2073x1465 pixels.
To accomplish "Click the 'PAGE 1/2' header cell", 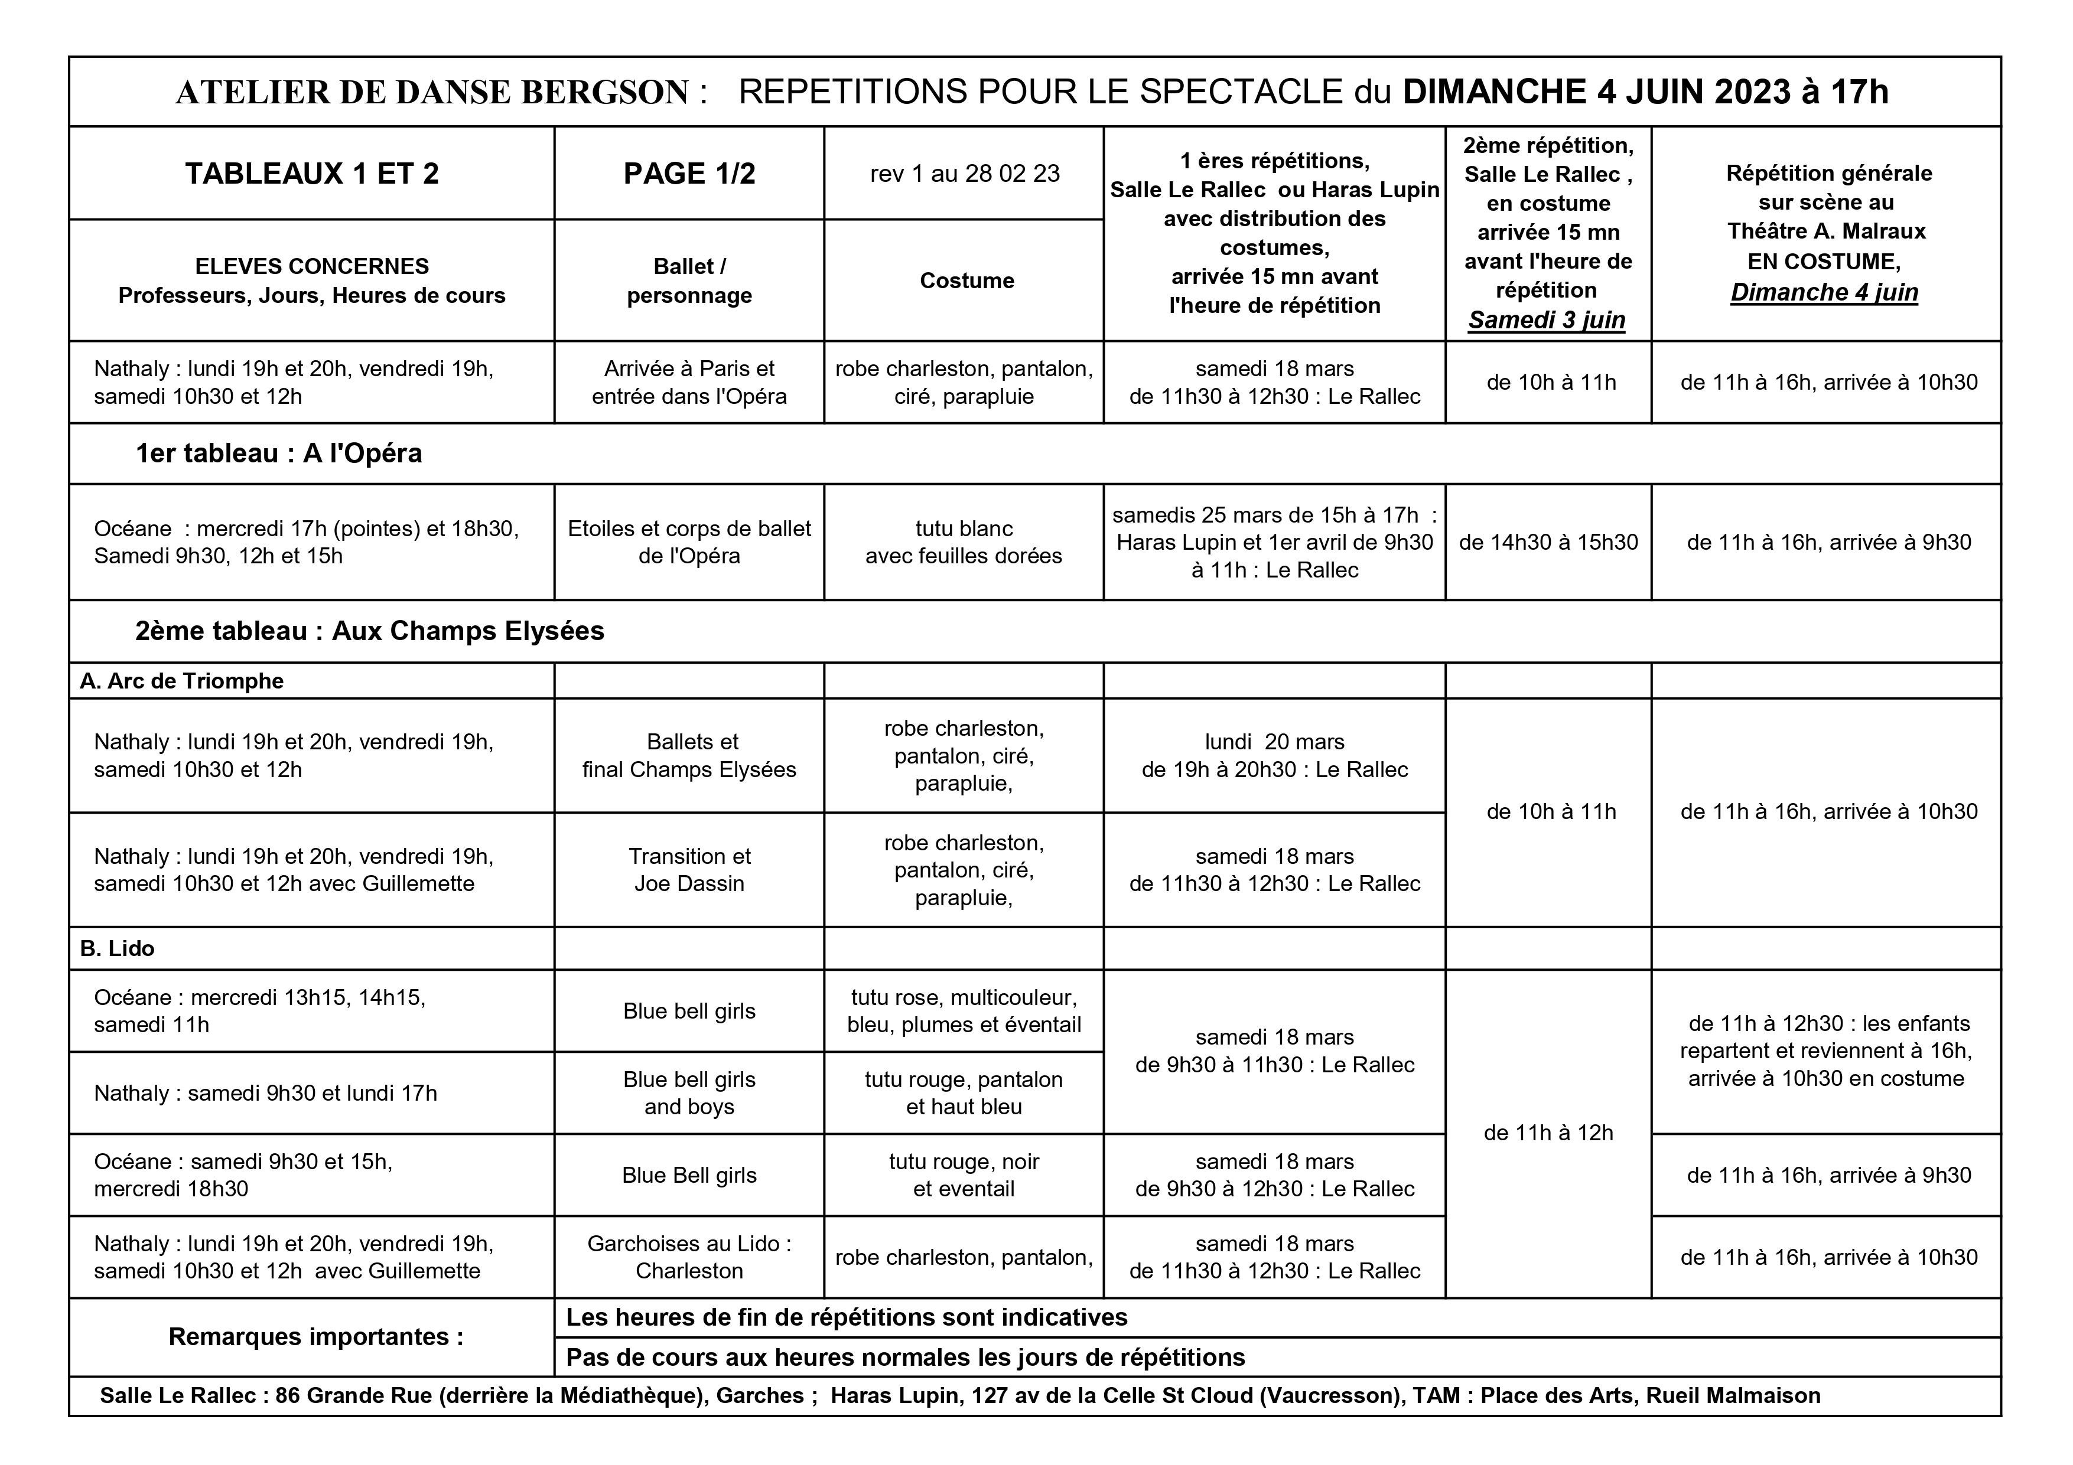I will tap(689, 174).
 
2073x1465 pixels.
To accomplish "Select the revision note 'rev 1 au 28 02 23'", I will tap(964, 174).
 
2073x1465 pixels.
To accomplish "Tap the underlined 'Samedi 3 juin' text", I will tap(1547, 321).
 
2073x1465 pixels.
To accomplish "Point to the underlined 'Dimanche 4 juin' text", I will tap(1824, 292).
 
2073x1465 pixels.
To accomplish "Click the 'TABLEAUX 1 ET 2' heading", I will tap(311, 174).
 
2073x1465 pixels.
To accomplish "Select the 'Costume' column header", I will tap(966, 280).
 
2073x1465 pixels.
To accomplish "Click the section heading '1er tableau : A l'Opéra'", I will tap(278, 453).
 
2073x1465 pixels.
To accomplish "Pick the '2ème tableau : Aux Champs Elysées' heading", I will tap(369, 631).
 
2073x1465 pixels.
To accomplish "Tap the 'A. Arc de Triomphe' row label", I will tap(181, 681).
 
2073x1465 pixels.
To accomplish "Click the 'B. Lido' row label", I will tap(118, 949).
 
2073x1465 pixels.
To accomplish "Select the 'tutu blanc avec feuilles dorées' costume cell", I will tap(964, 543).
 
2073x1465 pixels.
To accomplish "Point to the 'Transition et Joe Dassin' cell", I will tap(689, 870).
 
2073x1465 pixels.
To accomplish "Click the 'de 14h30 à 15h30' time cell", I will tap(1548, 543).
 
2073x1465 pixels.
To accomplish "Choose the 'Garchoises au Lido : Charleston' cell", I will tap(689, 1257).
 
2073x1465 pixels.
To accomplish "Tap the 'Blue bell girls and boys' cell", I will tap(689, 1093).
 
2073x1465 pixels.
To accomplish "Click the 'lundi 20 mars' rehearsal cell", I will tap(1274, 755).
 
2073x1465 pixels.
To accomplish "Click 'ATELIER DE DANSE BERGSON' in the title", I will tap(432, 93).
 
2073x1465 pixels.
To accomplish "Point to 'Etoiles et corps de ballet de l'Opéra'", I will tap(689, 543).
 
